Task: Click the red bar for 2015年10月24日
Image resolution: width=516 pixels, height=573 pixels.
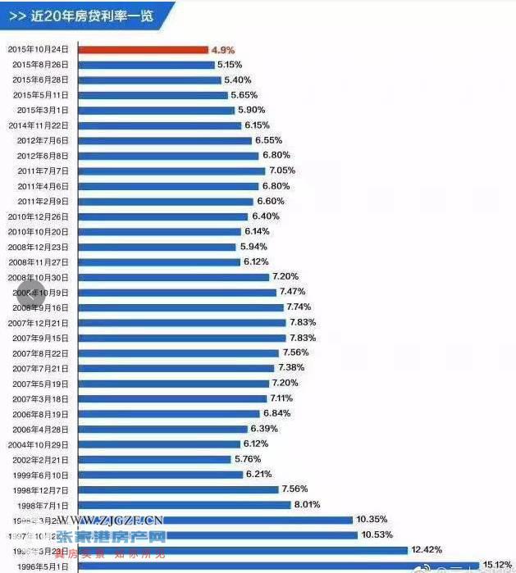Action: [144, 49]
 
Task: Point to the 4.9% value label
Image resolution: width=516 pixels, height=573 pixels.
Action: [223, 49]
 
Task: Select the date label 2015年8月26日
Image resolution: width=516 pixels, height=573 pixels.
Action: [40, 65]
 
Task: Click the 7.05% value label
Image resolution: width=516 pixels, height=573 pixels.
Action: [282, 171]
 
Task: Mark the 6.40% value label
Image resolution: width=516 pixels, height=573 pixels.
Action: [266, 216]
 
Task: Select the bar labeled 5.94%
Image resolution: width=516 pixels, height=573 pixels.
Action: [157, 247]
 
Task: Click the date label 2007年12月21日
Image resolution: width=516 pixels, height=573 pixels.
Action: [40, 322]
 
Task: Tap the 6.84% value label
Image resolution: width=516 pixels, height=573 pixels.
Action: [277, 413]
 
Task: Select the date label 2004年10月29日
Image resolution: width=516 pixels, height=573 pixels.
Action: [40, 443]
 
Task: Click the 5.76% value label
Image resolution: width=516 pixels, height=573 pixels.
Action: [247, 458]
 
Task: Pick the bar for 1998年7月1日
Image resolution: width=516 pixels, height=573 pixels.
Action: [185, 504]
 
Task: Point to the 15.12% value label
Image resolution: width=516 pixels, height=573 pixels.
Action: [496, 564]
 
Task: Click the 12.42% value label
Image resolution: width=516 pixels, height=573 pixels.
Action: [425, 549]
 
